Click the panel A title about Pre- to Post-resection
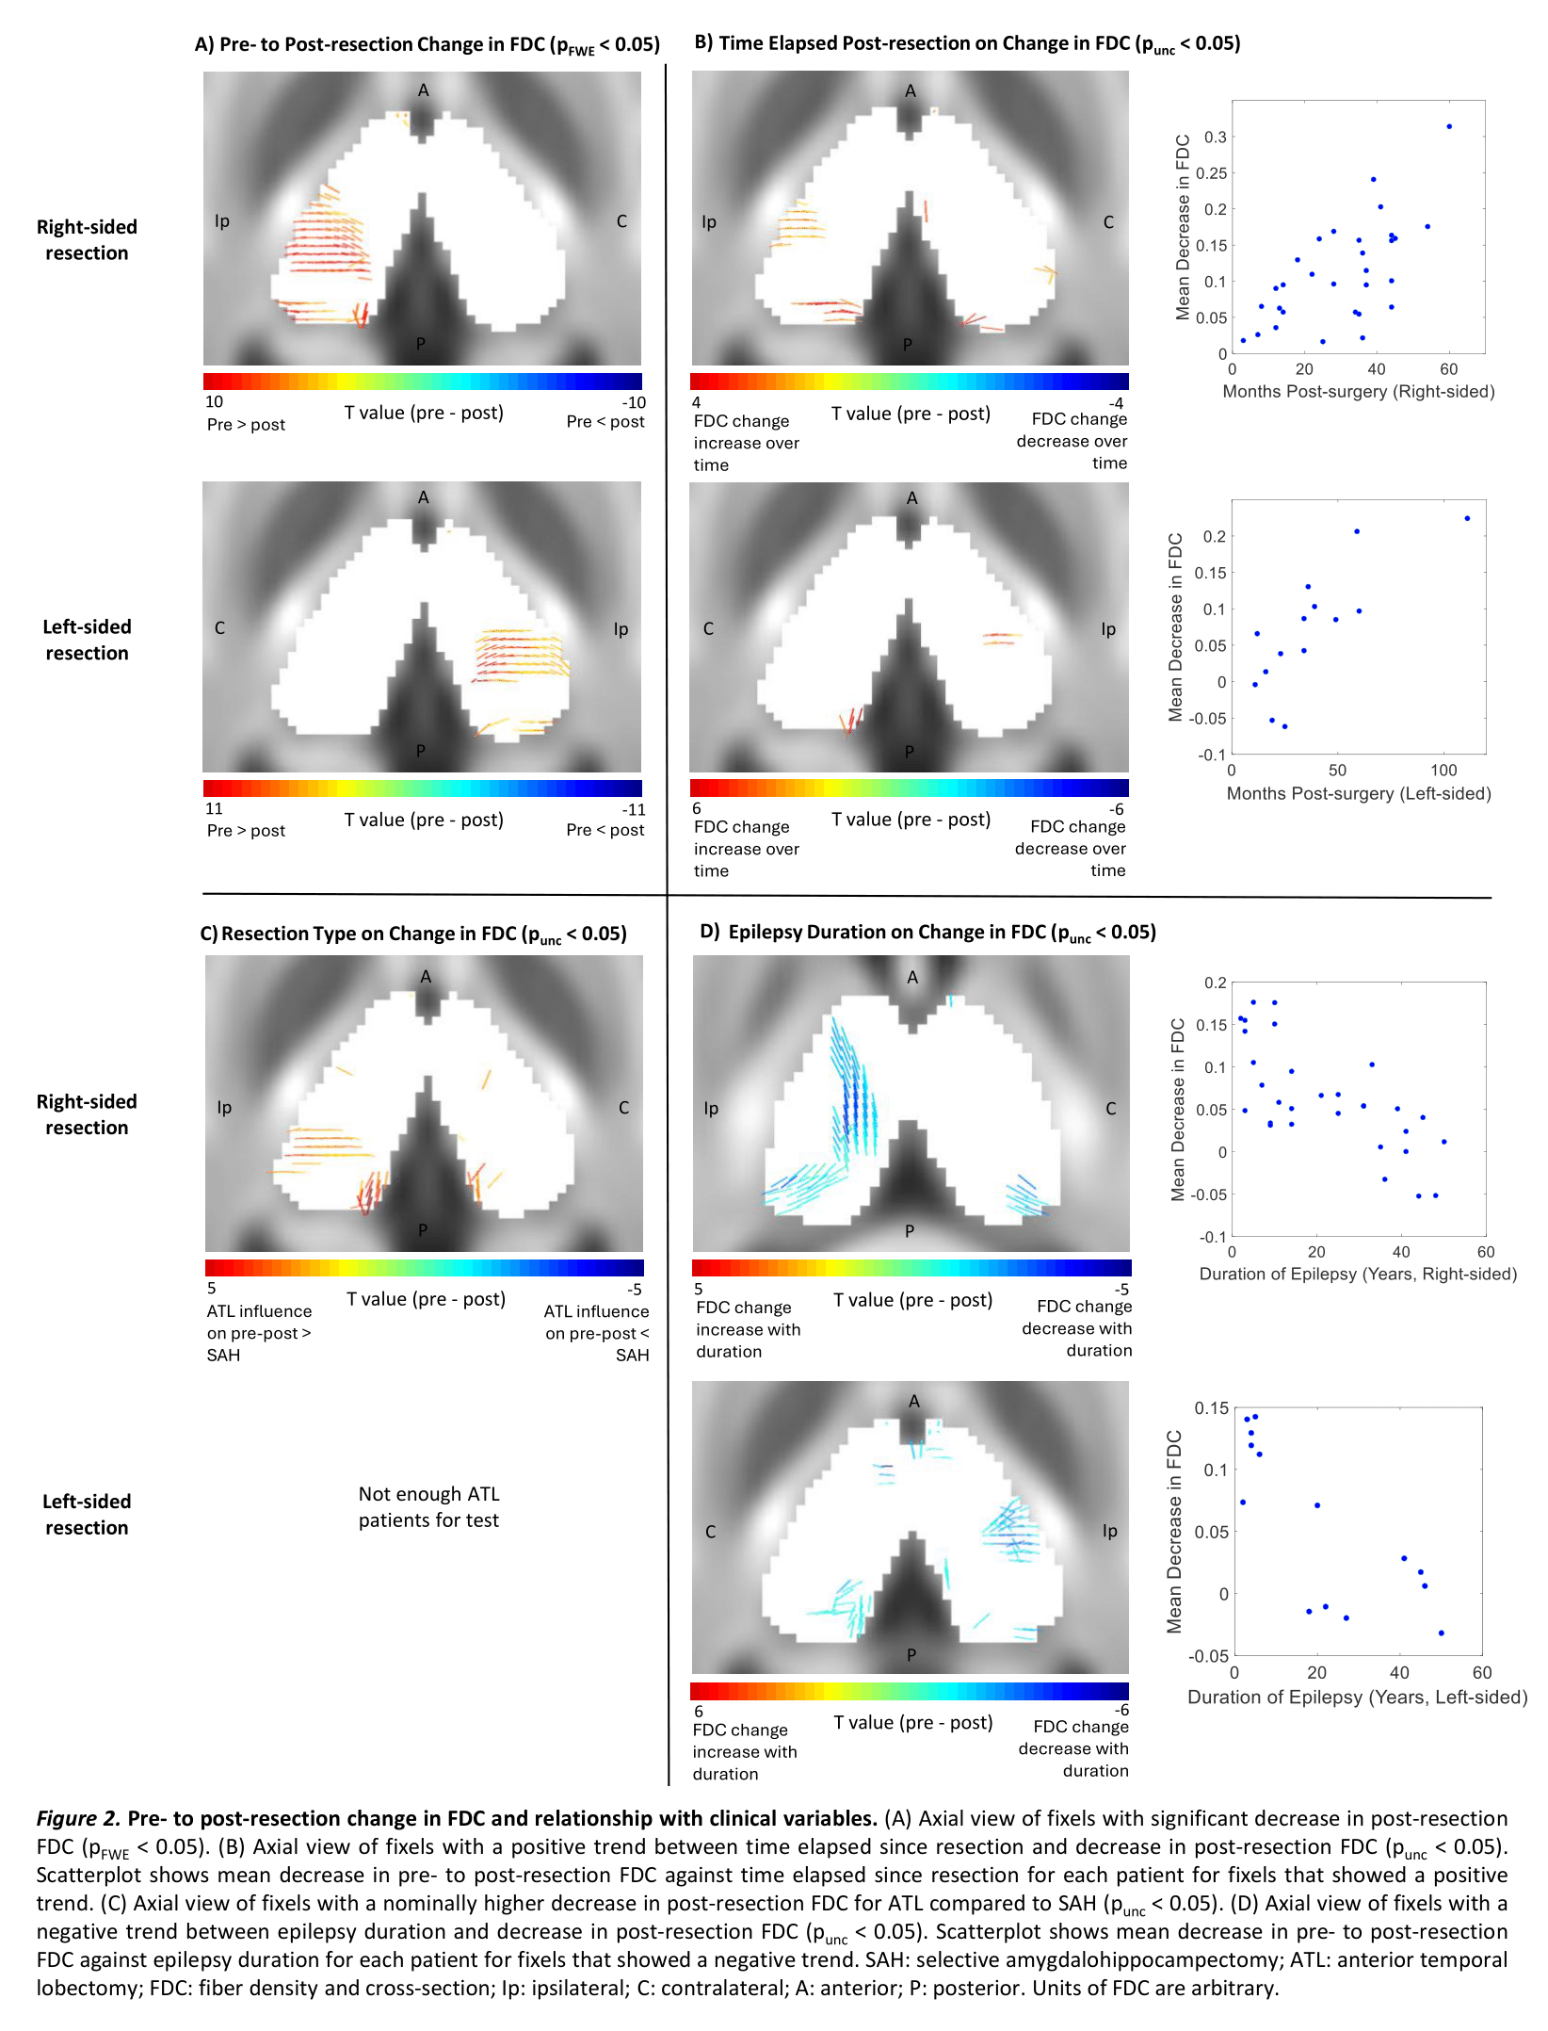tap(427, 45)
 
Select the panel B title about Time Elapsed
tap(967, 44)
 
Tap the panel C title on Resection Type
tap(413, 934)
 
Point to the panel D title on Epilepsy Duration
tap(928, 933)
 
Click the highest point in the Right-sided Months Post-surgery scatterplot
tap(1449, 126)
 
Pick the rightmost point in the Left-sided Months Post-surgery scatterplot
tap(1467, 518)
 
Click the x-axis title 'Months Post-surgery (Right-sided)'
tap(1358, 392)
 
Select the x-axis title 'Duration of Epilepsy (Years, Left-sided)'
tap(1357, 1698)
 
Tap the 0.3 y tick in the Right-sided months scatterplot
tap(1216, 138)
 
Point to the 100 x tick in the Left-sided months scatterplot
tap(1443, 771)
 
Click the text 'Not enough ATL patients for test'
tap(428, 1507)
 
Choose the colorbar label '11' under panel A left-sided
tap(215, 809)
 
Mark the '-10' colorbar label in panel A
tap(634, 402)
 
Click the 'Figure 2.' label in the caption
tap(78, 1818)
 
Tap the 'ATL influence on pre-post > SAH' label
tap(259, 1333)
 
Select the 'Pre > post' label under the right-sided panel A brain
tap(246, 425)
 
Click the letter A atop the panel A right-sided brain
tap(424, 90)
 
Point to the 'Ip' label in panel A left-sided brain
tap(621, 629)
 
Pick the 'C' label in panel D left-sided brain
tap(711, 1532)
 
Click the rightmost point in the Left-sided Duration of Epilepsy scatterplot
tap(1441, 1633)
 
